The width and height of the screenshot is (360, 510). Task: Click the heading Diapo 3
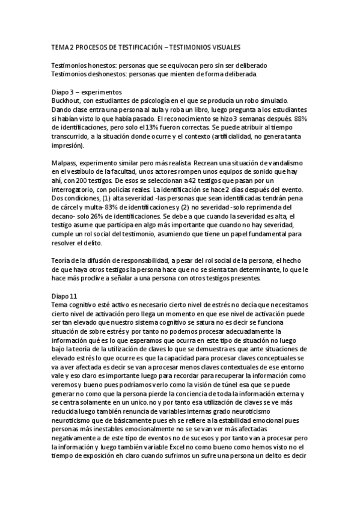[64, 92]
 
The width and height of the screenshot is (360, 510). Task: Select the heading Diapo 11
[65, 296]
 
